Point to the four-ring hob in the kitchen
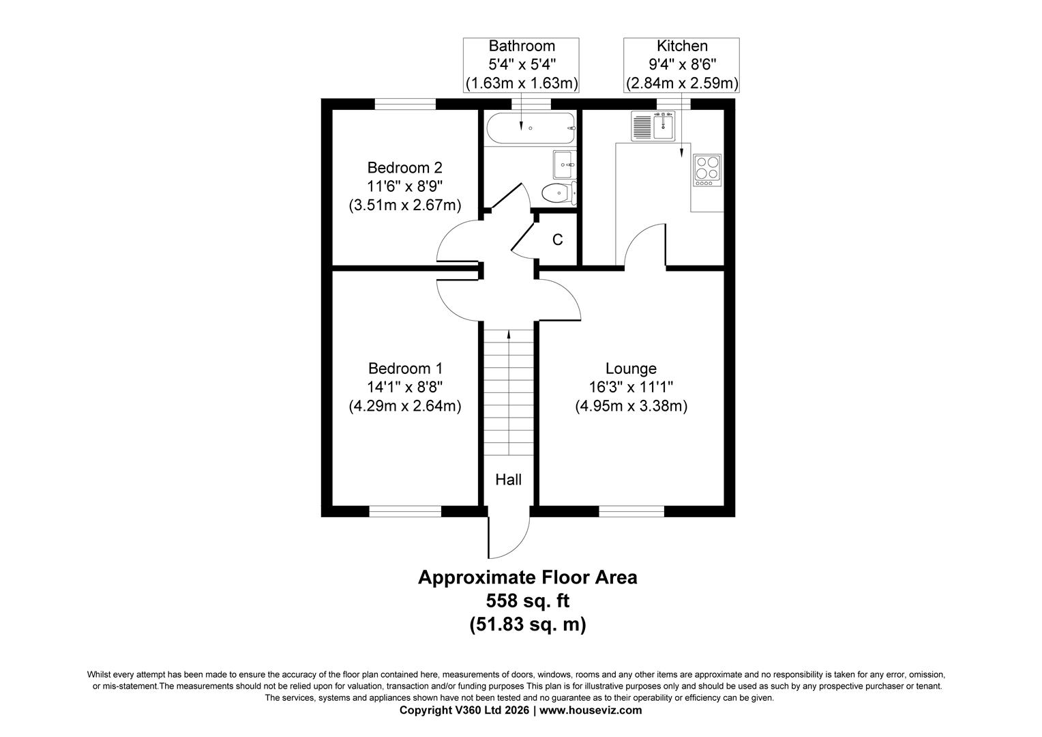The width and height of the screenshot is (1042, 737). (706, 171)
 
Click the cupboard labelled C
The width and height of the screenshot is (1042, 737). (557, 240)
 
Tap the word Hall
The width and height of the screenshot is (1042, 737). (508, 480)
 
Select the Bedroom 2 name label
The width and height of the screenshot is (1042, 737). (404, 167)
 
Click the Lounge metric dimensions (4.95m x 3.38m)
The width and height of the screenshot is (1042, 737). (631, 406)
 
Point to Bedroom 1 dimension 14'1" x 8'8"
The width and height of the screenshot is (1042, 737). (404, 387)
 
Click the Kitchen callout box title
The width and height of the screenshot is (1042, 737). (681, 46)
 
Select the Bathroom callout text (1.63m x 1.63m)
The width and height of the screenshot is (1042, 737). (522, 83)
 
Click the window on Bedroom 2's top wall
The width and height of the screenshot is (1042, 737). (404, 104)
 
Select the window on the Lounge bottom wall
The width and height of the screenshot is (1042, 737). (631, 510)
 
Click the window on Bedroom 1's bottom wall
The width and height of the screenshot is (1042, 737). (405, 510)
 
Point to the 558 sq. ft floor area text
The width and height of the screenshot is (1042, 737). (527, 601)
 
